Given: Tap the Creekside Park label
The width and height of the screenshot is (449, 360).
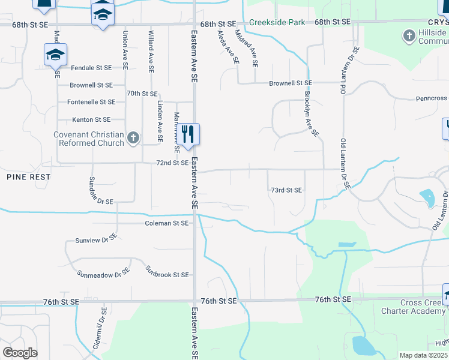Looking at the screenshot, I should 277,22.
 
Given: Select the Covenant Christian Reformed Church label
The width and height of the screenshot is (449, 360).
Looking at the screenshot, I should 89,139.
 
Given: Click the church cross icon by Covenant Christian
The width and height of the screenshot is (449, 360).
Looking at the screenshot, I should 133,139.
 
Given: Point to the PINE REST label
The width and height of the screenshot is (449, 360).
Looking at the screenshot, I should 29,178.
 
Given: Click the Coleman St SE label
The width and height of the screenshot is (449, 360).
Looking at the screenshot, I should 167,223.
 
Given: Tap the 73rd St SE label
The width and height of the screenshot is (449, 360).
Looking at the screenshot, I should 286,190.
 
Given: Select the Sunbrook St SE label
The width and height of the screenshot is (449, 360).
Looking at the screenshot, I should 167,275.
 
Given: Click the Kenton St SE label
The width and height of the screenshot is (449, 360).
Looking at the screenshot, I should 91,120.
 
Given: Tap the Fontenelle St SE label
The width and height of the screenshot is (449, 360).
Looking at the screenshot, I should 91,103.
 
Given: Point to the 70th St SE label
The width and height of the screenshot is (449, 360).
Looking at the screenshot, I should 142,94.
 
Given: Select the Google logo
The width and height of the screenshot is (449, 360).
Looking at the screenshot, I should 20,353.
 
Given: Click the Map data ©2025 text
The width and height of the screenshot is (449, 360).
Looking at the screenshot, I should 423,355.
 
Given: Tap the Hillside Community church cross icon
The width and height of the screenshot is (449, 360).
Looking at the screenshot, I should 409,37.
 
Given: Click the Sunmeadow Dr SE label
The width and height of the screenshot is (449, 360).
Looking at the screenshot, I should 103,274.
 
